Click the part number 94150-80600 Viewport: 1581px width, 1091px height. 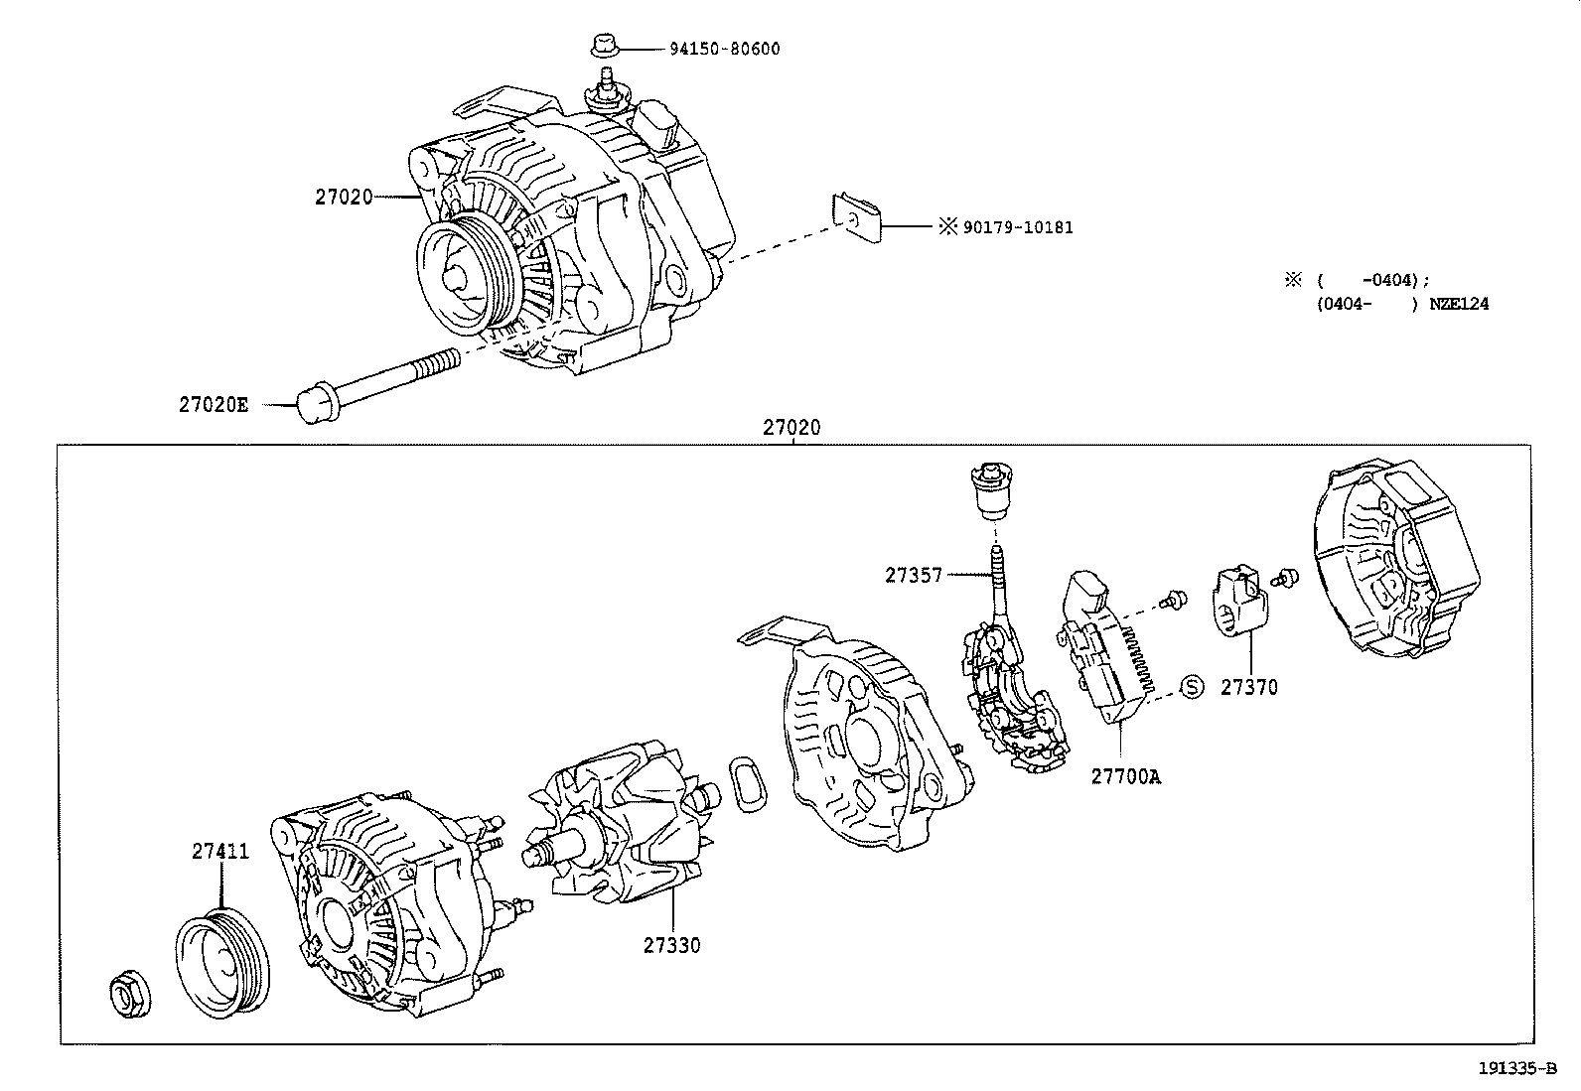tap(723, 48)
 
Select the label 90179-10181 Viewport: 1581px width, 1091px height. tap(1017, 227)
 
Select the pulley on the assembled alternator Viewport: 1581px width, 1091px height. tap(460, 279)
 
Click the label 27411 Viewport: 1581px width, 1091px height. tap(220, 852)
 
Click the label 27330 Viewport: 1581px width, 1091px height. tap(670, 945)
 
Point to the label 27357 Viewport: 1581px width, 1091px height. tap(914, 575)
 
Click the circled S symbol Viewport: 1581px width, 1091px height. tap(1192, 686)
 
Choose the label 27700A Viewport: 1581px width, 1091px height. tap(1125, 777)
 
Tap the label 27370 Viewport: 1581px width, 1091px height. tap(1248, 687)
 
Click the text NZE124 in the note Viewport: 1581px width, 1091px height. tap(1459, 304)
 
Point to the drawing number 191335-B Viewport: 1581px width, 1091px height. tap(1516, 1068)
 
